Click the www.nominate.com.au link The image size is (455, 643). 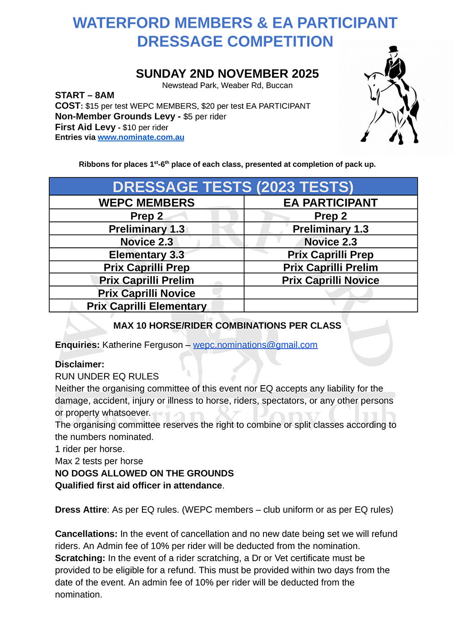click(x=141, y=137)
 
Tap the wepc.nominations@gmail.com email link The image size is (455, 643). click(x=255, y=345)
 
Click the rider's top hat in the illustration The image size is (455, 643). click(x=393, y=49)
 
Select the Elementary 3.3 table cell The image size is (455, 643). click(x=147, y=255)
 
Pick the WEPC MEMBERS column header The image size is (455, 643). click(x=147, y=203)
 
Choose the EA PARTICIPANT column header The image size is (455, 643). click(x=330, y=203)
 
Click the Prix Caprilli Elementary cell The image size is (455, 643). click(x=147, y=306)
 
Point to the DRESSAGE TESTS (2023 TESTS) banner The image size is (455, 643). click(x=233, y=187)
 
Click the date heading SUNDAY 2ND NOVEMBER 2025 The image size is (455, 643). click(x=227, y=74)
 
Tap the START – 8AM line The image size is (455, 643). click(x=85, y=95)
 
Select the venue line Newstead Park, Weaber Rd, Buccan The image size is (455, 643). click(x=227, y=85)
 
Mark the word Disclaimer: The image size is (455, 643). click(x=80, y=364)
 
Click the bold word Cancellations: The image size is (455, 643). click(x=86, y=534)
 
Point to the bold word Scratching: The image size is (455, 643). click(x=80, y=558)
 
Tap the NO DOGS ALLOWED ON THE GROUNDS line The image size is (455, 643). click(x=144, y=473)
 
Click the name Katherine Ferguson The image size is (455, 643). click(x=142, y=345)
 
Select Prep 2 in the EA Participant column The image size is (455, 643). click(x=330, y=216)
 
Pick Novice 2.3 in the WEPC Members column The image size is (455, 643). click(x=147, y=242)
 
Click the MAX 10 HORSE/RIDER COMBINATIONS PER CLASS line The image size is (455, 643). click(x=227, y=326)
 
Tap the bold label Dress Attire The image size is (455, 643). click(x=81, y=510)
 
